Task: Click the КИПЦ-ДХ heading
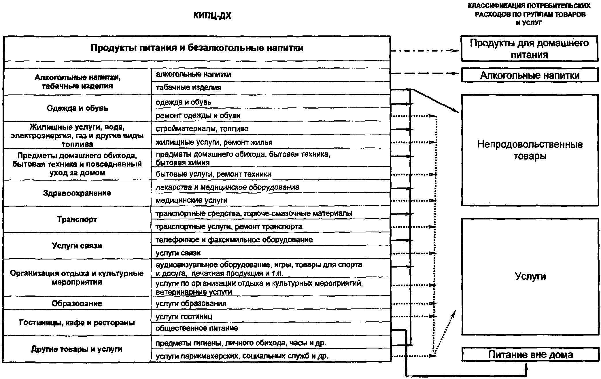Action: click(212, 16)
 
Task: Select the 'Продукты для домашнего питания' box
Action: click(530, 49)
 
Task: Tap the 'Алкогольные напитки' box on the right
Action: click(530, 75)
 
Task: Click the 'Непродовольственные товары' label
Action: click(530, 150)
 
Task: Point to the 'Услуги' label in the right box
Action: click(530, 276)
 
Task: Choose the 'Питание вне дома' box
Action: click(530, 355)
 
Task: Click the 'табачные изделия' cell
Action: click(188, 88)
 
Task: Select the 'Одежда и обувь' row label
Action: click(78, 108)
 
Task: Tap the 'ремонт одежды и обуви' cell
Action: click(198, 115)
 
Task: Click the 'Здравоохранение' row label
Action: click(77, 193)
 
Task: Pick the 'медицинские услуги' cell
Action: click(191, 200)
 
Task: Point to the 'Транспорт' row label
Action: click(77, 219)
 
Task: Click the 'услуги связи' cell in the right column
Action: click(178, 253)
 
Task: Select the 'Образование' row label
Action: click(77, 303)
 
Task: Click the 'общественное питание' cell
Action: click(197, 328)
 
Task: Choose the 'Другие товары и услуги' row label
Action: click(77, 349)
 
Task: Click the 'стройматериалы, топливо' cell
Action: click(202, 129)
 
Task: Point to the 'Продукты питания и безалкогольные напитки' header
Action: click(197, 48)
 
